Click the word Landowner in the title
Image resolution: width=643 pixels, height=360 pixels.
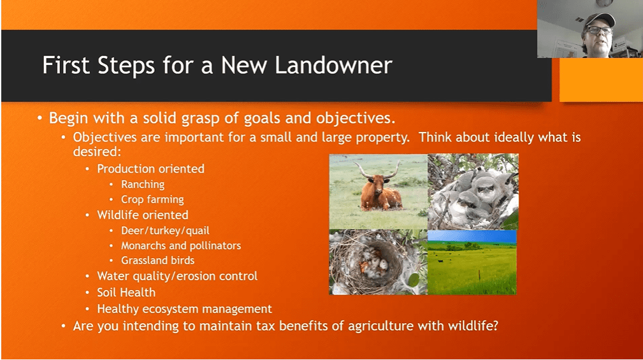pos(333,65)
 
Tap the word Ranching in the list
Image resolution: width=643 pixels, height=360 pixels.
pos(143,185)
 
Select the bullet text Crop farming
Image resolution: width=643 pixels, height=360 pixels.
pos(152,199)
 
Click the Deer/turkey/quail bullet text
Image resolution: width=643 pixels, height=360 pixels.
pos(165,231)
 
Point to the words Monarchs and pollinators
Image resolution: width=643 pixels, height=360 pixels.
pos(181,245)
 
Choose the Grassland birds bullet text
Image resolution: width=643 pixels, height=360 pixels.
pos(158,261)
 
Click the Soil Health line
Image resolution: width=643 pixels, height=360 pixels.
pos(126,292)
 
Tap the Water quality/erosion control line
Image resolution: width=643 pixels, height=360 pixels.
pos(177,276)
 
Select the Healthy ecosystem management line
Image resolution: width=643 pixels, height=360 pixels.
pos(185,309)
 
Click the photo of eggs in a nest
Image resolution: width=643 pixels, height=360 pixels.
pos(378,263)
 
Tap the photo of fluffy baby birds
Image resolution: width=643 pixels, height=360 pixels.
pos(473,192)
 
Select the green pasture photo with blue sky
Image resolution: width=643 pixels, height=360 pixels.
pos(472,263)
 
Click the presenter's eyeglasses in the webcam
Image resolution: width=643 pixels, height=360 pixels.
pos(599,30)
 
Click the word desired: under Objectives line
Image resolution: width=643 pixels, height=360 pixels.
pos(98,152)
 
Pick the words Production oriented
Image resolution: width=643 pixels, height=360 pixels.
pos(150,169)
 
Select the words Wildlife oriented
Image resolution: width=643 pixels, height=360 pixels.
pos(143,215)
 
